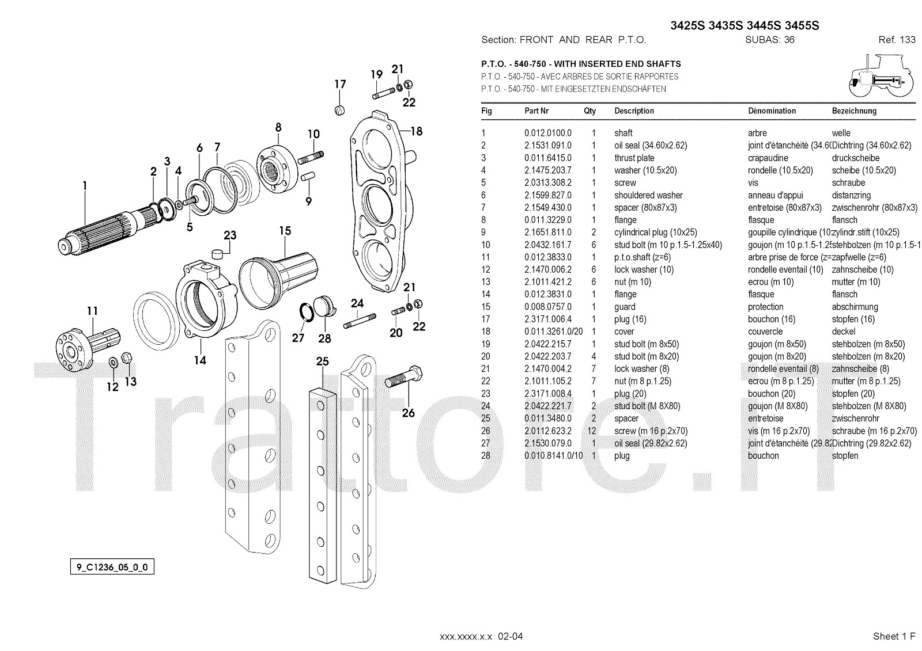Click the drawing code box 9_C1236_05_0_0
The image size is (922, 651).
pos(112,568)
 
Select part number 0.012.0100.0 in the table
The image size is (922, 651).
pos(547,133)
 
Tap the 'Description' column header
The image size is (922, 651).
pos(634,111)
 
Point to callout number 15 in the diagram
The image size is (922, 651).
pos(285,231)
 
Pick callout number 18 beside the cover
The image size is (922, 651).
pos(416,131)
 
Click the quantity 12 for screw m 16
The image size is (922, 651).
pos(592,431)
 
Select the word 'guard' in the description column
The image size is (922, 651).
pos(625,307)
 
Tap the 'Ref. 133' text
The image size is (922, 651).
pos(897,40)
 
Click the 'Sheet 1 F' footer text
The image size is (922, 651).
pos(894,636)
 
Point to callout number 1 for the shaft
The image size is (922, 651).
pos(85,185)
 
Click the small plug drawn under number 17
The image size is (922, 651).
pos(339,110)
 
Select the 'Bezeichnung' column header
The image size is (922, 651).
pos(854,111)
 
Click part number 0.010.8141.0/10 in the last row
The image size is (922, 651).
pos(554,456)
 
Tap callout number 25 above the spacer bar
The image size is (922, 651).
pos(322,361)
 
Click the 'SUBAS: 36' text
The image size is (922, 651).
pos(770,40)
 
